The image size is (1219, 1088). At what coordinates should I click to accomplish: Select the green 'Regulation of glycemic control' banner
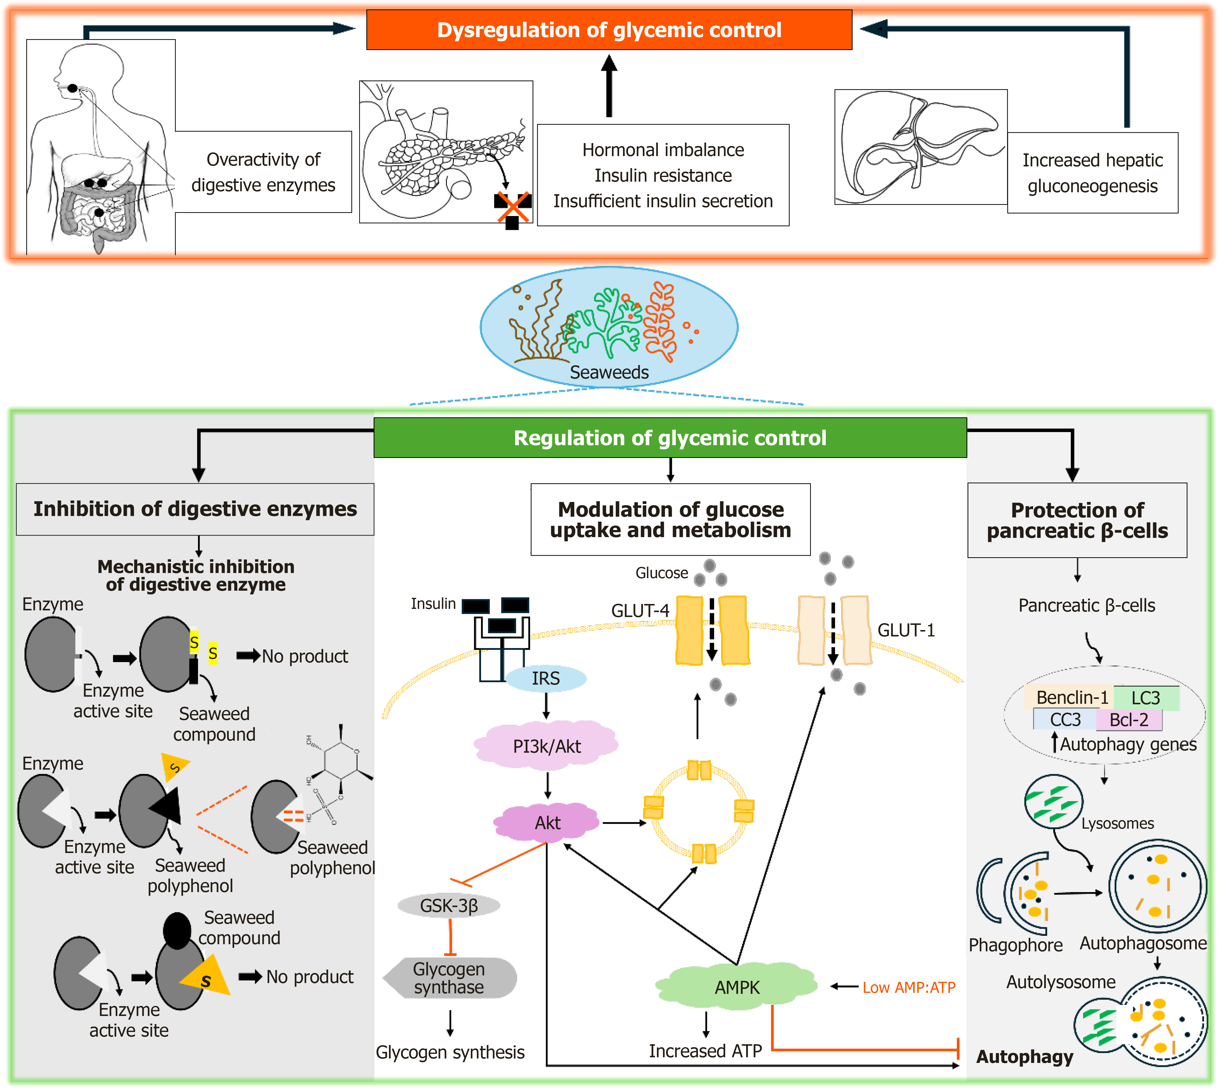(x=669, y=438)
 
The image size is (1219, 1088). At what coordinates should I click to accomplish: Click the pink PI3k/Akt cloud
(x=546, y=746)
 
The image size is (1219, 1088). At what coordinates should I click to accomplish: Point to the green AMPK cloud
(x=737, y=987)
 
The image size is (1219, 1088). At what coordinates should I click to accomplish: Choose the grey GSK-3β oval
(x=449, y=906)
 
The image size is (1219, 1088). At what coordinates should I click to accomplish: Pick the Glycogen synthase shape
(x=450, y=978)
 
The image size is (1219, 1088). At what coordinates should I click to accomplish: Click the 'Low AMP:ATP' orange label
(x=909, y=987)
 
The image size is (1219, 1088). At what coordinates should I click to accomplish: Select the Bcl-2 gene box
(x=1129, y=720)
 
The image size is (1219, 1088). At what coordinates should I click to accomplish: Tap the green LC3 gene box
(x=1145, y=698)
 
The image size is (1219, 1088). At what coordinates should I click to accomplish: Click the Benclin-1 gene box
(x=1072, y=698)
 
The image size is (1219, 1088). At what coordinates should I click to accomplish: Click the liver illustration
(x=921, y=147)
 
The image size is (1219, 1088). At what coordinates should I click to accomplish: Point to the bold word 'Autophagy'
(x=1024, y=1057)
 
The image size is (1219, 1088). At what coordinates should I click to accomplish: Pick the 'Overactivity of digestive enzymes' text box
(x=263, y=172)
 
